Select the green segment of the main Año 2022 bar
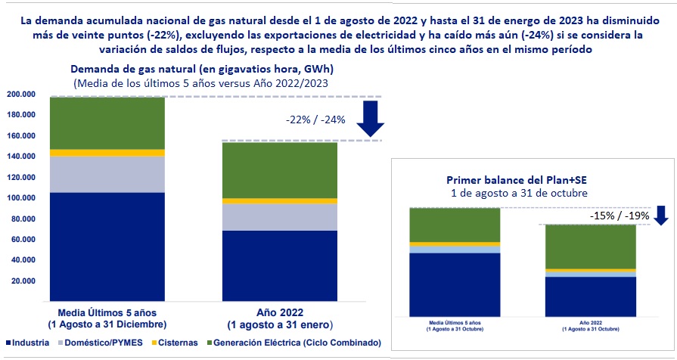(280, 170)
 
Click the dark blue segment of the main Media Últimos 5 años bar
(107, 247)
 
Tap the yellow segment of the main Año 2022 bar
(280, 201)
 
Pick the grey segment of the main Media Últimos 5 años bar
(107, 175)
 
